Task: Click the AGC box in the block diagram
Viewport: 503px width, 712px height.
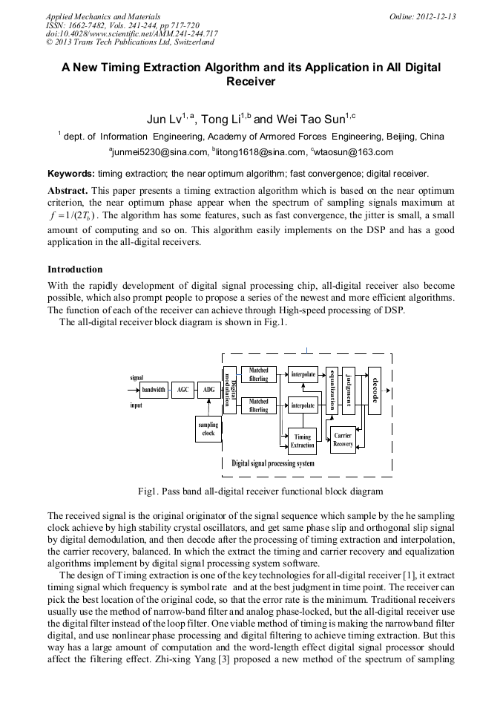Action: click(x=183, y=389)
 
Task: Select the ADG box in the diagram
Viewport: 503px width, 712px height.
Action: click(x=209, y=389)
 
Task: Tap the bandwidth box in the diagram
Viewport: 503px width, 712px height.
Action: click(x=154, y=389)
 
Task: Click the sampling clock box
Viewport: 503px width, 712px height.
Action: click(x=208, y=429)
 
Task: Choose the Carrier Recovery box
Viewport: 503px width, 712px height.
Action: click(x=343, y=440)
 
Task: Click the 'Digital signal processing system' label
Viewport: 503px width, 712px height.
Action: click(x=272, y=463)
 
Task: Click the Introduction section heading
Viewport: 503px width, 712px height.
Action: click(x=75, y=269)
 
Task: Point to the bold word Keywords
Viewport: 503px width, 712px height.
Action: click(x=71, y=174)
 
